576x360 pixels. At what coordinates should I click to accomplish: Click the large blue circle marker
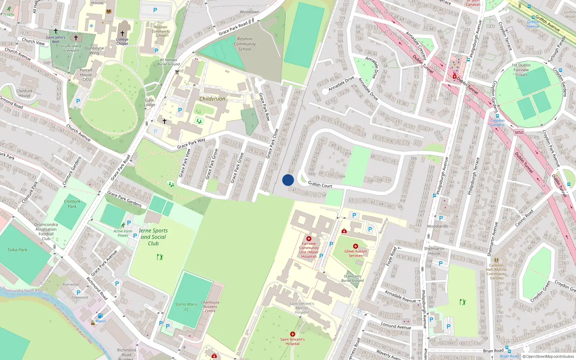pyautogui.click(x=288, y=180)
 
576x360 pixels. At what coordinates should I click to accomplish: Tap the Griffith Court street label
pyautogui.click(x=320, y=185)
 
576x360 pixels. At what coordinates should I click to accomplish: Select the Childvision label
pyautogui.click(x=212, y=99)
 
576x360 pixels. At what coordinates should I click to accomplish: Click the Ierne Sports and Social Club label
pyautogui.click(x=153, y=237)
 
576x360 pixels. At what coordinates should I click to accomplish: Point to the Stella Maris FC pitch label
pyautogui.click(x=186, y=307)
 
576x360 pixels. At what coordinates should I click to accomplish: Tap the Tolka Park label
pyautogui.click(x=17, y=250)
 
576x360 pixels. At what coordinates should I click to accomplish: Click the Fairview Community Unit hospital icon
pyautogui.click(x=309, y=239)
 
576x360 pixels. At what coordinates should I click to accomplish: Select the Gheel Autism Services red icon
pyautogui.click(x=356, y=246)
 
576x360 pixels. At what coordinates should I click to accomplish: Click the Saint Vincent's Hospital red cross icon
pyautogui.click(x=292, y=334)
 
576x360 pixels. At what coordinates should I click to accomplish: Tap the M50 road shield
pyautogui.click(x=519, y=132)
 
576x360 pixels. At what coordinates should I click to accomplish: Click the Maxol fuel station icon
pyautogui.click(x=100, y=316)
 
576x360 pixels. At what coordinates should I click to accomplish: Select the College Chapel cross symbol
pyautogui.click(x=122, y=33)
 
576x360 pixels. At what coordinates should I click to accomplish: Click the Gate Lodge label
pyautogui.click(x=149, y=103)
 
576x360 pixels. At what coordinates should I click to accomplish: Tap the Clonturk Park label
pyautogui.click(x=72, y=204)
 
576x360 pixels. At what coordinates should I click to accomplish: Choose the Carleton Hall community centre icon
pyautogui.click(x=496, y=260)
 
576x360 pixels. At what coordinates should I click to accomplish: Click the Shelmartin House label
pyautogui.click(x=434, y=251)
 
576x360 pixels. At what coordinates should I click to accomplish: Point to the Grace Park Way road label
pyautogui.click(x=191, y=143)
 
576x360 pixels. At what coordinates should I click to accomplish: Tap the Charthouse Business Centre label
pyautogui.click(x=210, y=307)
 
